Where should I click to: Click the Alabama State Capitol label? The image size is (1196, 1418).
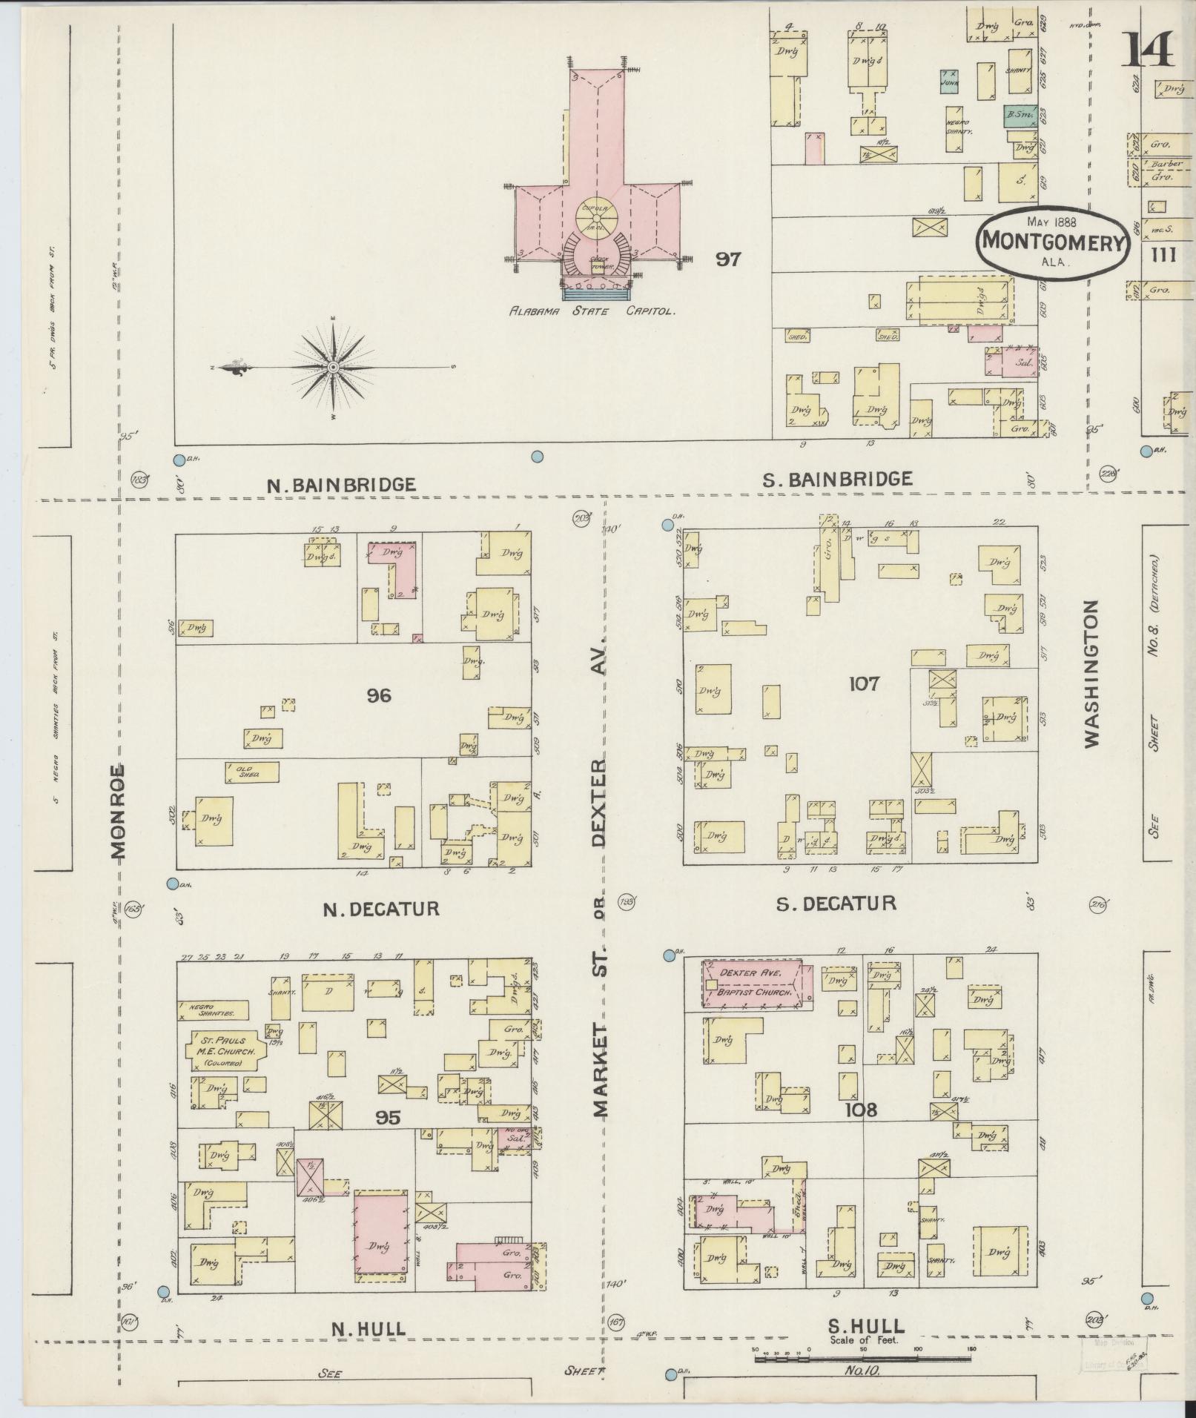pos(592,312)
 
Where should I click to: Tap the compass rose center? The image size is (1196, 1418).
pos(334,367)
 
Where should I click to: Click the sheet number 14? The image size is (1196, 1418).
pos(1151,50)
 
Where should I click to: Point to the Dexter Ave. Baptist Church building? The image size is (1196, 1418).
pos(752,984)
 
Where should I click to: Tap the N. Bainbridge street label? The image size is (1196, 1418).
pos(341,485)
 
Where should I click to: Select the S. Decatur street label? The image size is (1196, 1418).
pos(836,903)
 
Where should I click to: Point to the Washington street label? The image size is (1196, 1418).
pos(1089,673)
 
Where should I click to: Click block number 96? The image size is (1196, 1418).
pos(378,695)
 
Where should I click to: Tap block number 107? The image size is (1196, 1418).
pos(864,683)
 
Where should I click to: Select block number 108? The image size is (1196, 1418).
pos(860,1110)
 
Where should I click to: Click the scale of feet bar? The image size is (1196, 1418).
pos(862,1359)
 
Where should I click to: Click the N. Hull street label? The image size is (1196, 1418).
pos(369,1328)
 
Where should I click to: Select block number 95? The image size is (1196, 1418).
pos(387,1118)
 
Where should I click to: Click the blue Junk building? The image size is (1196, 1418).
pos(950,79)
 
